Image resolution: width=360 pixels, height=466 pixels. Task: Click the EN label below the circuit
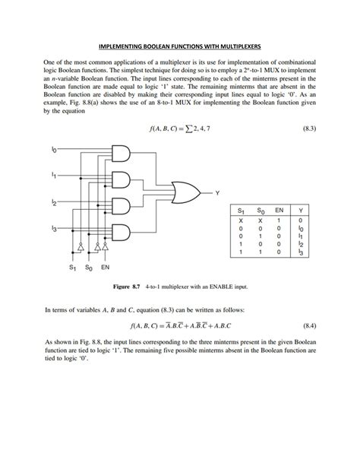tap(106, 268)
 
